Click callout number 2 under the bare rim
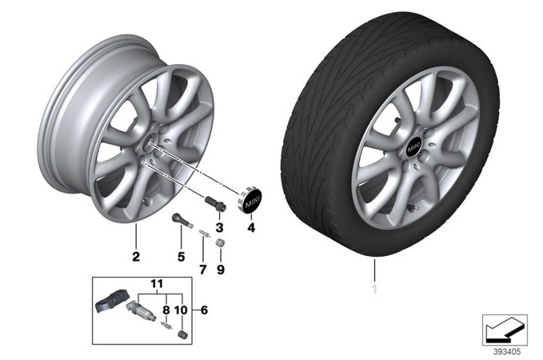tap(136, 257)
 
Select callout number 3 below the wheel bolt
tap(219, 228)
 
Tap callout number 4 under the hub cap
tap(251, 228)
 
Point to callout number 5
tap(181, 257)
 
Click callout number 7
tap(203, 270)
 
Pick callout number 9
tap(221, 270)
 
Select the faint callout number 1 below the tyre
tap(374, 289)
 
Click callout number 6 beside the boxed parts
tap(204, 310)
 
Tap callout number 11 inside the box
tap(157, 284)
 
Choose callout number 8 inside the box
tap(166, 310)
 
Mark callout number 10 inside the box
tap(181, 310)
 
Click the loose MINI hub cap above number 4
tap(250, 200)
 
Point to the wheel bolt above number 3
tap(215, 202)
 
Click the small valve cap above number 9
tap(220, 242)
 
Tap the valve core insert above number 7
tap(204, 234)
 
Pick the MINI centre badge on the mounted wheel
tap(413, 148)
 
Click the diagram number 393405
tap(507, 352)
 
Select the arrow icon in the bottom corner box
tap(505, 330)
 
